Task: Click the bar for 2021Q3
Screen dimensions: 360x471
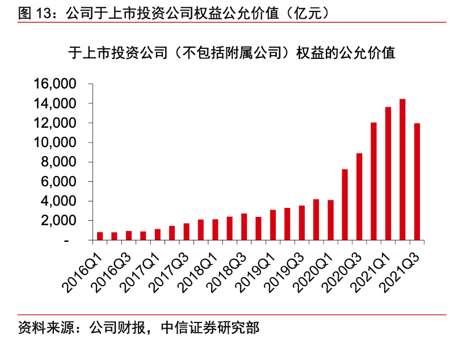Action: tap(417, 182)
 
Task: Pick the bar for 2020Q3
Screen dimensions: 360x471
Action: tap(359, 196)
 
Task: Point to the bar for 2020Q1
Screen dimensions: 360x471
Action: tap(330, 220)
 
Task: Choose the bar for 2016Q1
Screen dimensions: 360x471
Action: tap(100, 236)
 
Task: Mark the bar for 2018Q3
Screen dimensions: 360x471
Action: tap(244, 227)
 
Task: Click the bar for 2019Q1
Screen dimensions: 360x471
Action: tap(273, 225)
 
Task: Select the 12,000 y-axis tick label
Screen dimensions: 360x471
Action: tap(55, 123)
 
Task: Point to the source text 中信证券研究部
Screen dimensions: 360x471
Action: tap(211, 328)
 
